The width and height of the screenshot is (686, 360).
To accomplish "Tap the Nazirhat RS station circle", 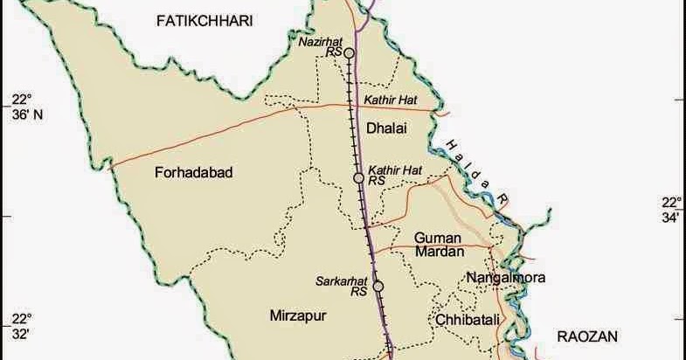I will pyautogui.click(x=349, y=53).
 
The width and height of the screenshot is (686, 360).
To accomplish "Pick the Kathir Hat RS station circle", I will pyautogui.click(x=358, y=178).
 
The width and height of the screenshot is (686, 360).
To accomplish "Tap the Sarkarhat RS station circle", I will pyautogui.click(x=378, y=286).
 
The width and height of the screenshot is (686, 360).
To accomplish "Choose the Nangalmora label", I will pyautogui.click(x=506, y=278).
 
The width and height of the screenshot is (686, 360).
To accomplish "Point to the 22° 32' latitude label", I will pyautogui.click(x=20, y=325).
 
